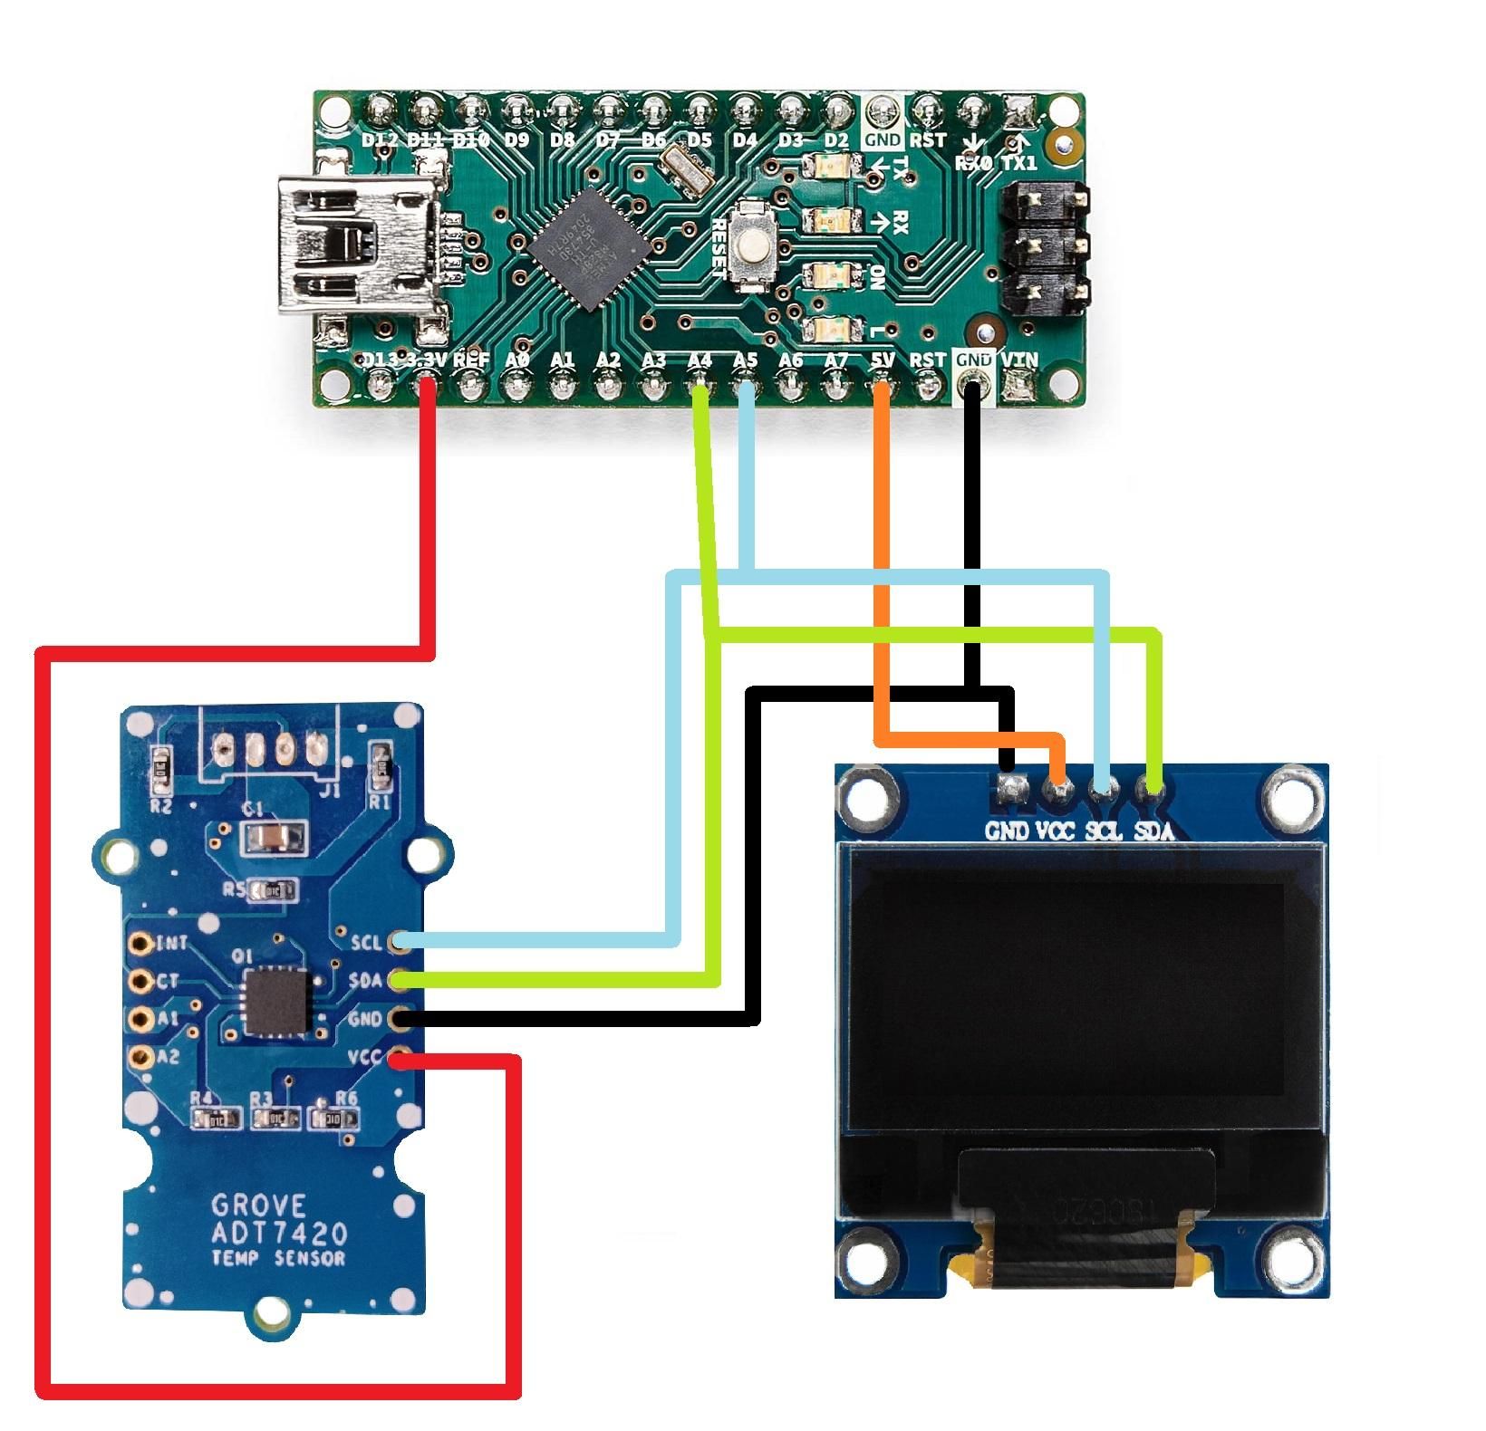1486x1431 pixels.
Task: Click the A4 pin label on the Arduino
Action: pos(700,360)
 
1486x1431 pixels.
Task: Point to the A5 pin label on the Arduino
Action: pos(745,360)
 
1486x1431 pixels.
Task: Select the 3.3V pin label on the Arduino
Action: pos(426,360)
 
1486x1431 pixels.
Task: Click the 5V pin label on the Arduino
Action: pos(882,360)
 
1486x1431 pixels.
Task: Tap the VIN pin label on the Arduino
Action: pos(1018,360)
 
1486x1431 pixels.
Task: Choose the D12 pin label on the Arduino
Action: pos(380,140)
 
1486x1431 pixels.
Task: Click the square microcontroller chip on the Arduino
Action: pos(591,248)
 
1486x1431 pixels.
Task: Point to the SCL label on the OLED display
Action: pos(1104,830)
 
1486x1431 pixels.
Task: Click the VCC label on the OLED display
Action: pos(1055,830)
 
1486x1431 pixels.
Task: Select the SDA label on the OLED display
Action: pos(1153,830)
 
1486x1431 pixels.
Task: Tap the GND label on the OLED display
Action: pos(1007,830)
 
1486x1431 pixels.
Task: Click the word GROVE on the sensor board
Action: pos(259,1205)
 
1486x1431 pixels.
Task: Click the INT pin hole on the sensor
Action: pos(140,943)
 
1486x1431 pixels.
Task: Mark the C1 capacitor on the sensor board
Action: pos(272,837)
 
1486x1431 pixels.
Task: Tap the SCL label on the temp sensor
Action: pos(366,942)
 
